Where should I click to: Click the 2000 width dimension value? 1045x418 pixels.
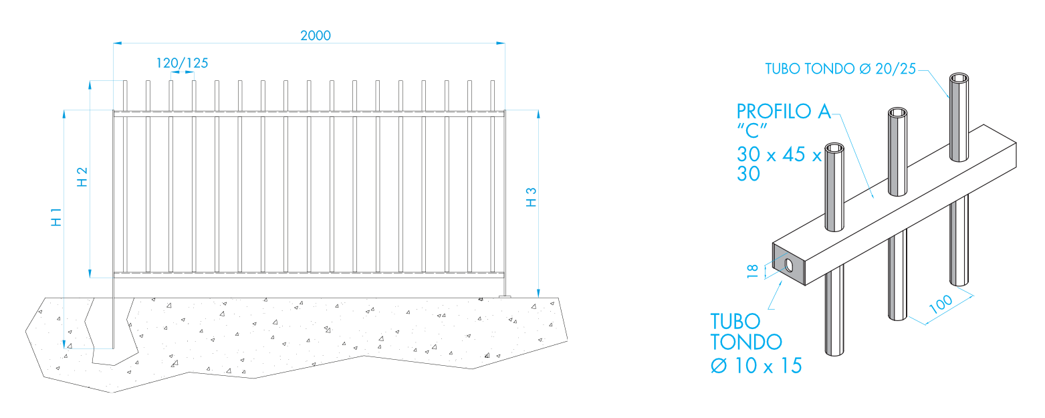coord(316,35)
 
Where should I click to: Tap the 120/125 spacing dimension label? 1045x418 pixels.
coord(182,63)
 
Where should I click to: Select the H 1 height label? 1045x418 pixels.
coord(56,217)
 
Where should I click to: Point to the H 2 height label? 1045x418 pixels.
coord(82,177)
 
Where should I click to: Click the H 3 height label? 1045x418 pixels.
coord(532,197)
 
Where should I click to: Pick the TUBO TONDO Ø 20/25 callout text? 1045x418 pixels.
coord(840,69)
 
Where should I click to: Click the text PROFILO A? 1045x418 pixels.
coord(784,112)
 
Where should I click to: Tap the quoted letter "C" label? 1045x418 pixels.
coord(752,131)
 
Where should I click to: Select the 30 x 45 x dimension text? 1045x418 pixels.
coord(779,154)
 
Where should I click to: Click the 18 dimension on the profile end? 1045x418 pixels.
coord(752,272)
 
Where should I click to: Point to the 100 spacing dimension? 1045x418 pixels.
coord(941,304)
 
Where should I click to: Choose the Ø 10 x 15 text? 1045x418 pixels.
coord(756,366)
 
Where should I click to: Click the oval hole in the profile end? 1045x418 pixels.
coord(789,265)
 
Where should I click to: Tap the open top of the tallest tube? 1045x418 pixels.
coord(959,78)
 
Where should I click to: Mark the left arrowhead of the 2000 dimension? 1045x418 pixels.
coord(118,43)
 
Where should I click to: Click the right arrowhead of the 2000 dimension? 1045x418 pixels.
coord(501,43)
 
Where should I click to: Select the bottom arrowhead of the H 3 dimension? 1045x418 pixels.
coord(538,293)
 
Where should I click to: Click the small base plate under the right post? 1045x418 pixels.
coord(505,297)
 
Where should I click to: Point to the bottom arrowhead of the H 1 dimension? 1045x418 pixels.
coord(64,344)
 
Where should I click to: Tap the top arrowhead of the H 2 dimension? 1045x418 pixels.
coord(90,85)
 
